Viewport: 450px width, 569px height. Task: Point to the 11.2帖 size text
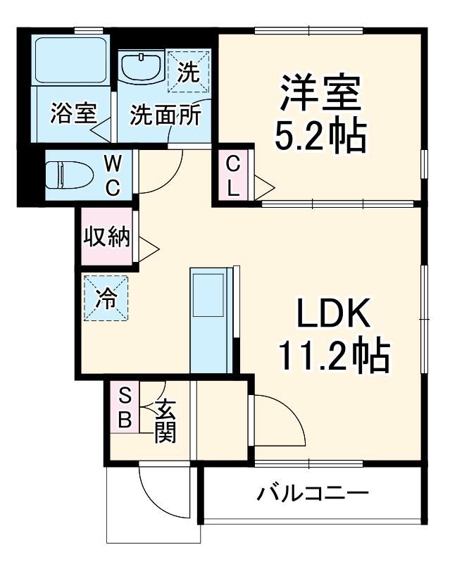pos(334,356)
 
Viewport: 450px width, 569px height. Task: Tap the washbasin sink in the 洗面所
pos(142,68)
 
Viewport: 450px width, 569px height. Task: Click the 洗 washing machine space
pos(188,70)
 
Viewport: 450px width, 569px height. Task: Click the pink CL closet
pos(233,176)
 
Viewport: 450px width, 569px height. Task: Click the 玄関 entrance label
pos(165,420)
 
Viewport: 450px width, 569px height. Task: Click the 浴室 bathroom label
pos(73,113)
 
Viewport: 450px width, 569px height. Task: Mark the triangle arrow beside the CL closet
pos(264,187)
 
